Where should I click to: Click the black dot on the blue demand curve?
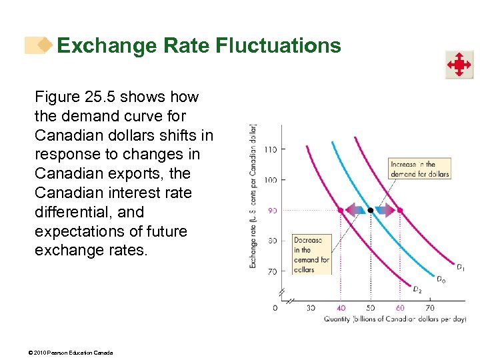(x=371, y=210)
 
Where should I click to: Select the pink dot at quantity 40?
(x=341, y=210)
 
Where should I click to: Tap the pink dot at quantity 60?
(x=400, y=210)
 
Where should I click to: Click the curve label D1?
(x=461, y=267)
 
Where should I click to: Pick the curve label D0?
(x=441, y=279)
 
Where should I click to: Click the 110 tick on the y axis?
(x=269, y=149)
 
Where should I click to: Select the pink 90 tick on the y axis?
(x=271, y=211)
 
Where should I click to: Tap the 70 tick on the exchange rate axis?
(x=271, y=271)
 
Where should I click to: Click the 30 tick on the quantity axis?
(x=311, y=308)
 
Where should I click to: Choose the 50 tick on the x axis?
(x=371, y=308)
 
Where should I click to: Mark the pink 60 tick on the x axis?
(x=400, y=308)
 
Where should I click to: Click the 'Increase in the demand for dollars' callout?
(x=420, y=169)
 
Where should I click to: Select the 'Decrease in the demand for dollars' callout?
(x=311, y=255)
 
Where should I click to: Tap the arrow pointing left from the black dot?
(x=355, y=210)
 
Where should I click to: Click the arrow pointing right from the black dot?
(x=385, y=210)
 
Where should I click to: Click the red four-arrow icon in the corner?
(x=459, y=65)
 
